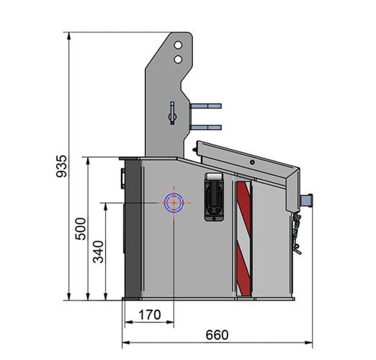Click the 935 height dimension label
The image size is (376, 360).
pyautogui.click(x=61, y=167)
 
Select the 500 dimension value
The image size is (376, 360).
pyautogui.click(x=80, y=228)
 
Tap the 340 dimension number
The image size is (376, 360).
pyautogui.click(x=99, y=251)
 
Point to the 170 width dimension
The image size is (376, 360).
pyautogui.click(x=148, y=314)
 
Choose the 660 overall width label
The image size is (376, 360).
pyautogui.click(x=216, y=335)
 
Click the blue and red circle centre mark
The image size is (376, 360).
pyautogui.click(x=174, y=203)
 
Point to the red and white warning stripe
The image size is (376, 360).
pyautogui.click(x=243, y=238)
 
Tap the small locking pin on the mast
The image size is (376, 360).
pyautogui.click(x=172, y=112)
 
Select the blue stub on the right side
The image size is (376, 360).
pyautogui.click(x=308, y=199)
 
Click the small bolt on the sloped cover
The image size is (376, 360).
pyautogui.click(x=251, y=161)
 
